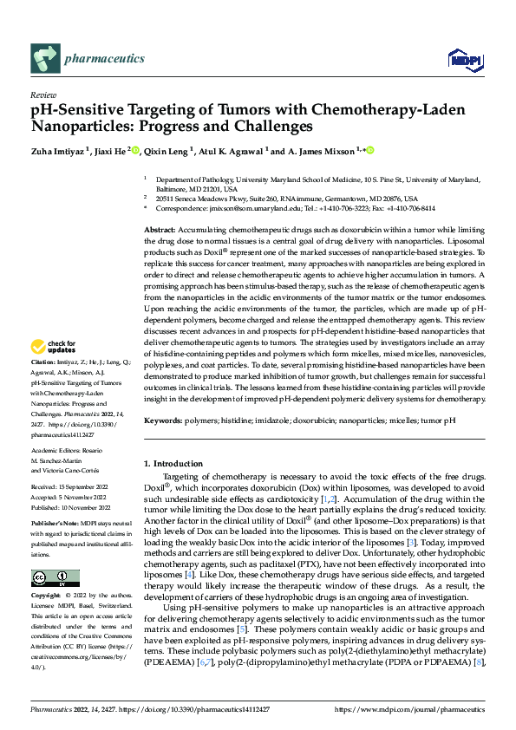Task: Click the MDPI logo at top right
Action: (x=463, y=59)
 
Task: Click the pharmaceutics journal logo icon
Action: (x=43, y=59)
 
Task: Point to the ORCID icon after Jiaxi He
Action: (x=133, y=150)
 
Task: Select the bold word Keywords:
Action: (x=165, y=420)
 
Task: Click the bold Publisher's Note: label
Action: (x=55, y=525)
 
